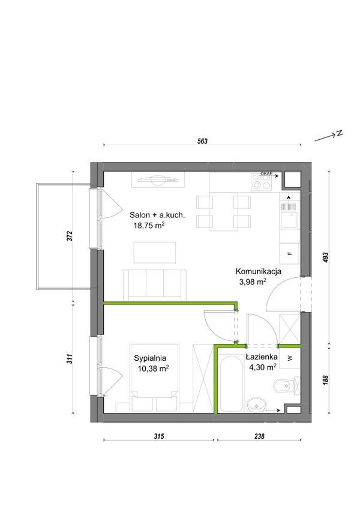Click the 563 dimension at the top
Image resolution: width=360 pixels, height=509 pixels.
(202, 141)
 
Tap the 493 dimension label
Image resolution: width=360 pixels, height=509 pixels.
(326, 258)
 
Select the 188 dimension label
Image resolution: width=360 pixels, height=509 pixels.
(326, 380)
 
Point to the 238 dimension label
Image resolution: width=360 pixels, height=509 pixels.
(259, 436)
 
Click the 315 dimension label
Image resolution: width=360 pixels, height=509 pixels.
(159, 436)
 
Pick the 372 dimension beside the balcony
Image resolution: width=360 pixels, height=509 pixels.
(70, 236)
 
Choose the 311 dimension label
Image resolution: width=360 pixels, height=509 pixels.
(70, 358)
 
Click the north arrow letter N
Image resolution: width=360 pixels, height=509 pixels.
(340, 133)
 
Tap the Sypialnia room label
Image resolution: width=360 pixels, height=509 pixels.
(150, 358)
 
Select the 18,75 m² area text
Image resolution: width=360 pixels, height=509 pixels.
(149, 225)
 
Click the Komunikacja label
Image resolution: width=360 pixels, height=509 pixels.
(259, 271)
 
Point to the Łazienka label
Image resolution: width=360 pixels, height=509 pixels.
(262, 357)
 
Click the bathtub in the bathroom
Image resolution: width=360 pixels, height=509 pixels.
(231, 384)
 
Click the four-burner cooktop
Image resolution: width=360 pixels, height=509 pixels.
(262, 182)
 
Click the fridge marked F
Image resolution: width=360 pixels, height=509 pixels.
(290, 253)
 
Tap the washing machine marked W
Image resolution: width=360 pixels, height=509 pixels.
(290, 358)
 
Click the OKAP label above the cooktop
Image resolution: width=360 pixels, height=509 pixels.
(267, 173)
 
